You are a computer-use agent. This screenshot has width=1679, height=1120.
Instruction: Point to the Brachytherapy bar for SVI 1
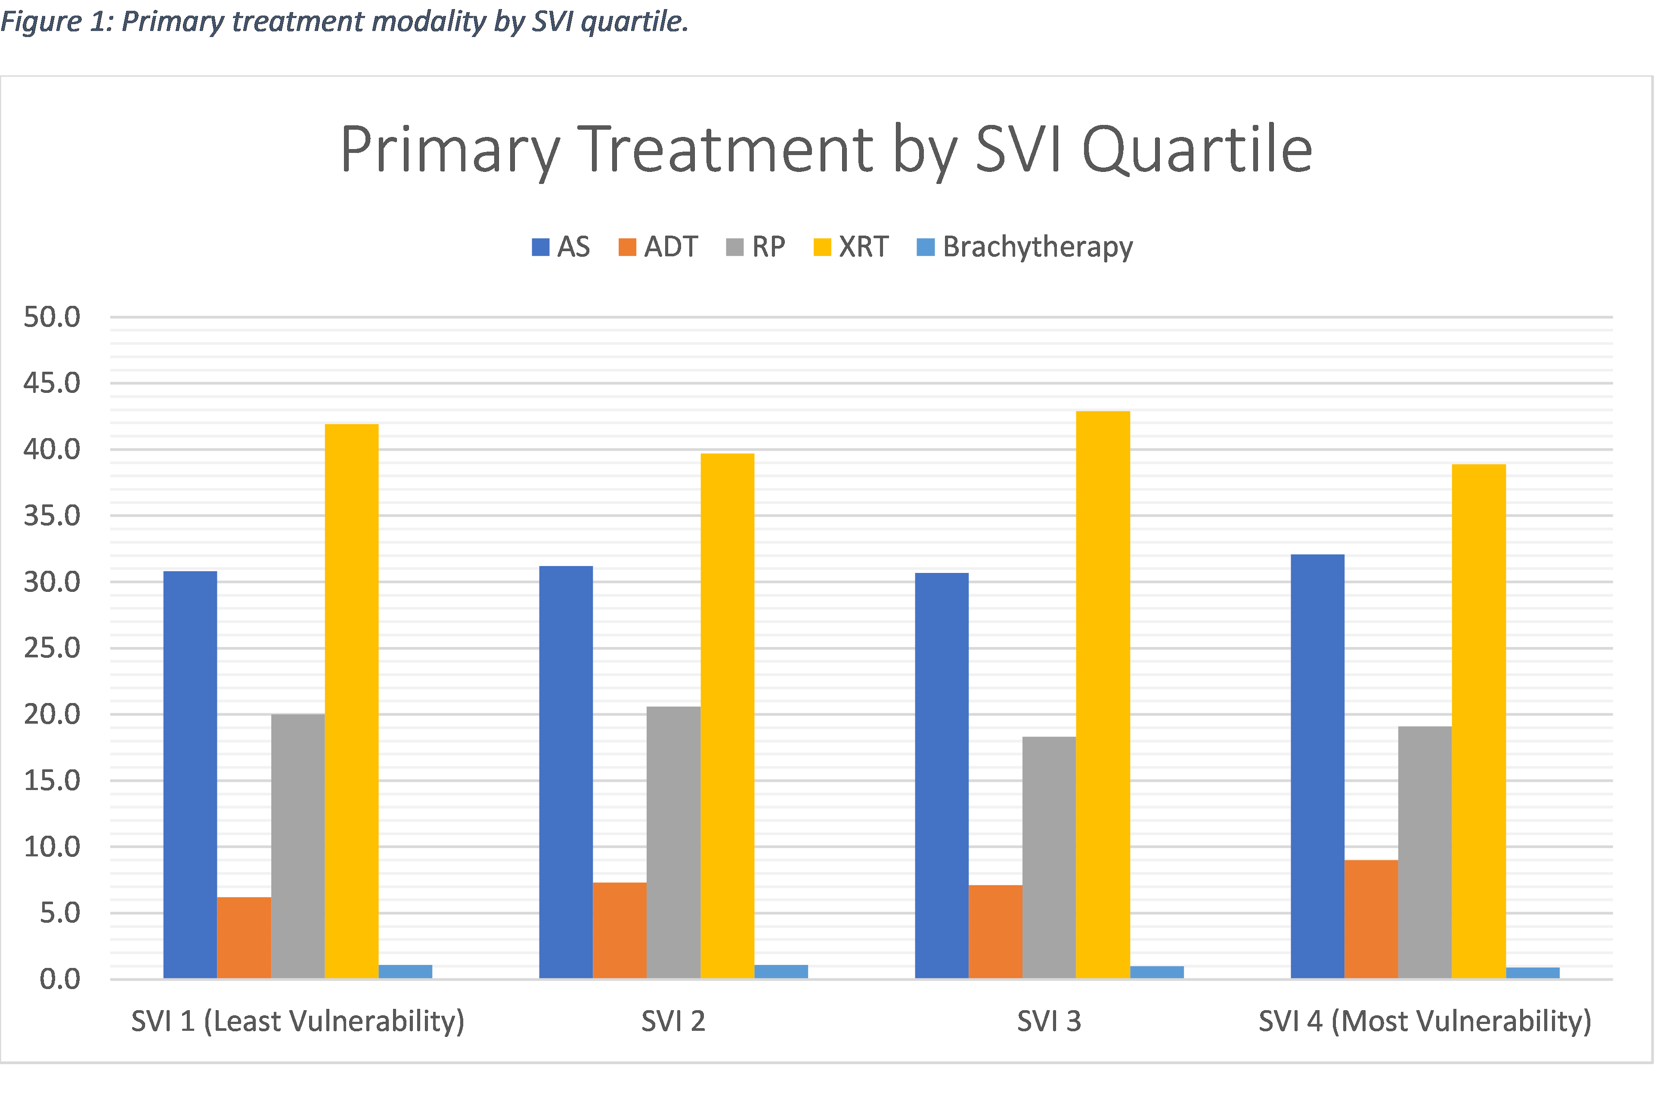tap(405, 971)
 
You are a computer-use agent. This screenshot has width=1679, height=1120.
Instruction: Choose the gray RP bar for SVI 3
tap(1049, 857)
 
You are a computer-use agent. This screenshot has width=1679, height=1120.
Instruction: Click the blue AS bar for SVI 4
tap(1317, 766)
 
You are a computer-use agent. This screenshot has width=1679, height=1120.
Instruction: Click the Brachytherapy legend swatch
tap(925, 247)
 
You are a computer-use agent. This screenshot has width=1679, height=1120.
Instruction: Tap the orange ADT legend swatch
tap(627, 247)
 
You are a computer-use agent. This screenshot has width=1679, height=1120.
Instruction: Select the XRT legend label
tap(863, 247)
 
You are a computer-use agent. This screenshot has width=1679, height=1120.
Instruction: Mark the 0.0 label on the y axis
tap(59, 979)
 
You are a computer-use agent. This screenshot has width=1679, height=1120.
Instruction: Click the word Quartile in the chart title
tap(1197, 150)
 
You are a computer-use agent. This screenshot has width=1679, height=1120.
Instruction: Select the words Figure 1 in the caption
tap(53, 22)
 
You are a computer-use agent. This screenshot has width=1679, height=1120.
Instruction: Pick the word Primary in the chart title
tap(450, 150)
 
